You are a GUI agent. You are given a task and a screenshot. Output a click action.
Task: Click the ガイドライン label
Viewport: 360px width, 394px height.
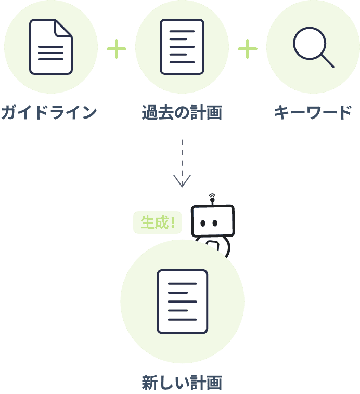click(49, 112)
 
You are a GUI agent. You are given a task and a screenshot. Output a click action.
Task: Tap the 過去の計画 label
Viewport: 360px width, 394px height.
click(182, 112)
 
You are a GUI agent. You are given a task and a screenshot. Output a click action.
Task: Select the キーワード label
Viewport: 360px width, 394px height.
click(313, 112)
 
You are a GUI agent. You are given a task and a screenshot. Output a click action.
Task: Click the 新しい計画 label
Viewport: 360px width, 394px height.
click(182, 383)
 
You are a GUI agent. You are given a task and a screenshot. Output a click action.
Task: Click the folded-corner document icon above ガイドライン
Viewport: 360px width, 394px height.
click(50, 47)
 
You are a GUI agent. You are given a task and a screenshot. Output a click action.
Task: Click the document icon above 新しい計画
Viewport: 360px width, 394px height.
click(182, 301)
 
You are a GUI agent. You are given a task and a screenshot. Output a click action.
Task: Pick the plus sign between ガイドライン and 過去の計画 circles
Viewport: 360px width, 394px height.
click(117, 50)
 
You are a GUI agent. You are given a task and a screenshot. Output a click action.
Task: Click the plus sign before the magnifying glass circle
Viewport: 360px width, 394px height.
click(248, 50)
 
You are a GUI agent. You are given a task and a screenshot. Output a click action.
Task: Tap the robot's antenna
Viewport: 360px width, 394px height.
click(212, 199)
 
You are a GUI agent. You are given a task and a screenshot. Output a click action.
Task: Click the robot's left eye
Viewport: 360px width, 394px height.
click(203, 224)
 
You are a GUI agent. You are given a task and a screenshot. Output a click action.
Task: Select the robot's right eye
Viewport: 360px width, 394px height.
click(214, 224)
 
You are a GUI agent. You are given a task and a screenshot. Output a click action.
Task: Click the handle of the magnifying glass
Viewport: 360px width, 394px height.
click(327, 61)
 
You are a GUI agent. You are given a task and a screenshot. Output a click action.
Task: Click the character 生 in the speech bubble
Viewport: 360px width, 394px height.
click(148, 223)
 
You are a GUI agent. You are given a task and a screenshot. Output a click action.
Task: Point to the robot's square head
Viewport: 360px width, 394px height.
click(212, 221)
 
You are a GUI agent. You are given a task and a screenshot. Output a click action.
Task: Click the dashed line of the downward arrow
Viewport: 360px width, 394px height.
click(182, 156)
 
